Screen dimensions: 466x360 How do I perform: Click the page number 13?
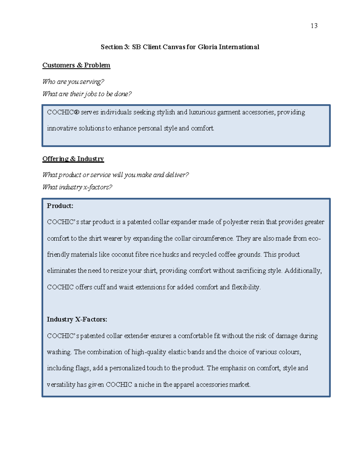[x=314, y=26]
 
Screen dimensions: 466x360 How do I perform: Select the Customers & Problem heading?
[x=76, y=65]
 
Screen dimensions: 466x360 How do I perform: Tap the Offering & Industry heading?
[x=73, y=159]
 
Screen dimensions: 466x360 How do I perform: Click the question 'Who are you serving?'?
[x=73, y=82]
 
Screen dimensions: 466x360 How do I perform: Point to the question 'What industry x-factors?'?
[x=77, y=187]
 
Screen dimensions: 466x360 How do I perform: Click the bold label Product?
[x=60, y=206]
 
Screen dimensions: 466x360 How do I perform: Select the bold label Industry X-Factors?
[x=77, y=319]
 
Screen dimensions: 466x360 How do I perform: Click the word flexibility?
[x=246, y=287]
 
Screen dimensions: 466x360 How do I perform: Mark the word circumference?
[x=213, y=239]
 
